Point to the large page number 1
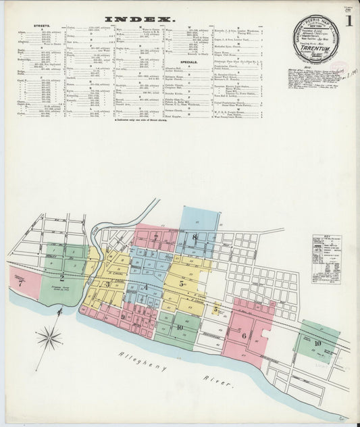click(x=349, y=21)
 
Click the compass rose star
click(x=49, y=336)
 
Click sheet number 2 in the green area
click(x=61, y=278)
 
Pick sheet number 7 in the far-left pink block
click(x=20, y=284)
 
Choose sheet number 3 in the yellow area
click(x=107, y=284)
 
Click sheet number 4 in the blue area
click(x=145, y=287)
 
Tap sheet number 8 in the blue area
click(x=195, y=236)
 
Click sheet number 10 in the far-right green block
click(x=317, y=343)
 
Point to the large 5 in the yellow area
click(x=182, y=284)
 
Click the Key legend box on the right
click(x=326, y=259)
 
